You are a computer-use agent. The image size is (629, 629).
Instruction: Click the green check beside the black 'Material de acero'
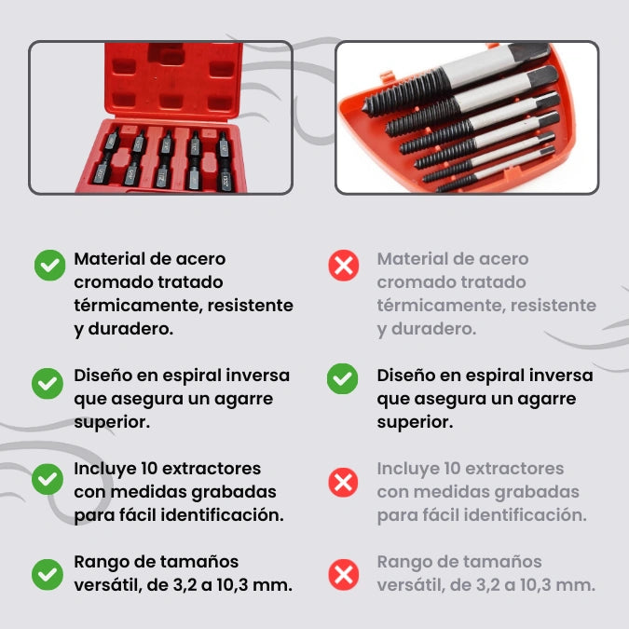click(49, 266)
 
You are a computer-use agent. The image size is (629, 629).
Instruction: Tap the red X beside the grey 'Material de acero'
click(344, 266)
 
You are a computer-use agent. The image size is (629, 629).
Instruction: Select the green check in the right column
click(342, 378)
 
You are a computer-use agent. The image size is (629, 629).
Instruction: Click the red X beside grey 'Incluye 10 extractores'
click(343, 482)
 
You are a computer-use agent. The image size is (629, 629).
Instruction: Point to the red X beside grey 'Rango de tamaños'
click(344, 574)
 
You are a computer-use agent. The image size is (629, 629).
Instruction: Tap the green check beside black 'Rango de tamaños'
click(48, 574)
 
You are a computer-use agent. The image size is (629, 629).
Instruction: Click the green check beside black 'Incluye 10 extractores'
click(48, 479)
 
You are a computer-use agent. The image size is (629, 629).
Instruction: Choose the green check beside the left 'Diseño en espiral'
click(48, 384)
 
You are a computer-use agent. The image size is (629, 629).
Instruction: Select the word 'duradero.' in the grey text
click(433, 329)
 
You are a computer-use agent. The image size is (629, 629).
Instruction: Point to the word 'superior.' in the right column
click(415, 422)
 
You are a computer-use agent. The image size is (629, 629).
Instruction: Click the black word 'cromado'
click(108, 282)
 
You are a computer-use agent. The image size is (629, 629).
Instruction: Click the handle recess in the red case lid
click(166, 53)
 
